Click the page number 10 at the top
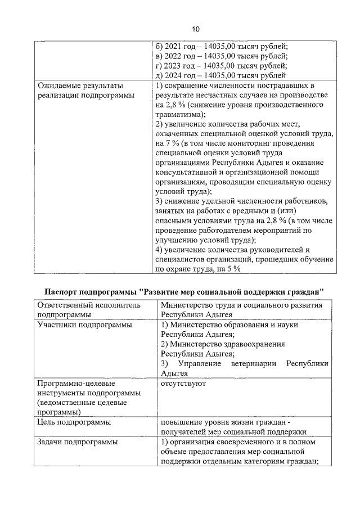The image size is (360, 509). [195, 29]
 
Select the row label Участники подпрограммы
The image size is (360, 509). [76, 325]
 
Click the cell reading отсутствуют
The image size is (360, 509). [183, 384]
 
